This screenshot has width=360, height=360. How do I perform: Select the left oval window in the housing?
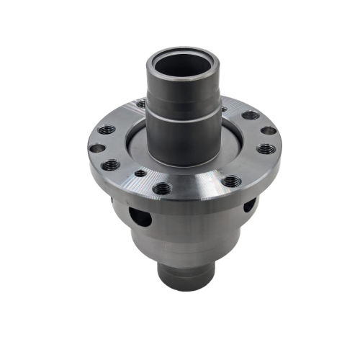point(140,215)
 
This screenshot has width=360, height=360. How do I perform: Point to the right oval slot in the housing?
point(248,206)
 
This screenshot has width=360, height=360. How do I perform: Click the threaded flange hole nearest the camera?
point(162,189)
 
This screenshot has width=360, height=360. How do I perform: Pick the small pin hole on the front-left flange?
point(138,174)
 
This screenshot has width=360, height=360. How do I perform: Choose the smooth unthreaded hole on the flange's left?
point(96,148)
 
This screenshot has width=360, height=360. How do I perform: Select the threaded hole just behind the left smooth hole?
point(107,130)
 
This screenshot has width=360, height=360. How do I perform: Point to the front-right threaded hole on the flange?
point(230,181)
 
